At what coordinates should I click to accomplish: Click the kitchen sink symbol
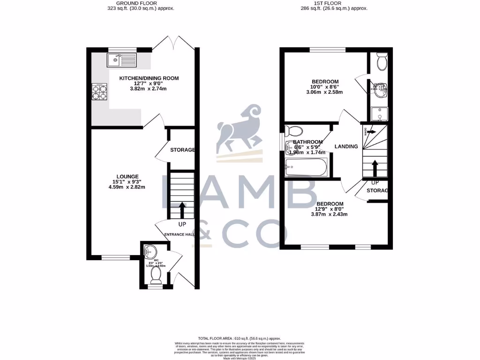coord(121,60)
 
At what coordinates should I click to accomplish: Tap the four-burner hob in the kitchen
coord(99,91)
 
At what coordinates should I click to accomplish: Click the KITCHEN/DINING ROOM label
coord(149,78)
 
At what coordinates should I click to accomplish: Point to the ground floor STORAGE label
coord(182,150)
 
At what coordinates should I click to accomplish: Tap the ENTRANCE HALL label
coord(179,234)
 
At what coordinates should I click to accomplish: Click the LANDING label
coord(346,147)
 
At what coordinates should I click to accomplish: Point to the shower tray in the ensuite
coord(378,113)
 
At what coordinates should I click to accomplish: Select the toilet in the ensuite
coord(381,61)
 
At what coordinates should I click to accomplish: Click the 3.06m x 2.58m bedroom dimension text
coord(325,92)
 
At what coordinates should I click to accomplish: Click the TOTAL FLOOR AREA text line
coord(240,338)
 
